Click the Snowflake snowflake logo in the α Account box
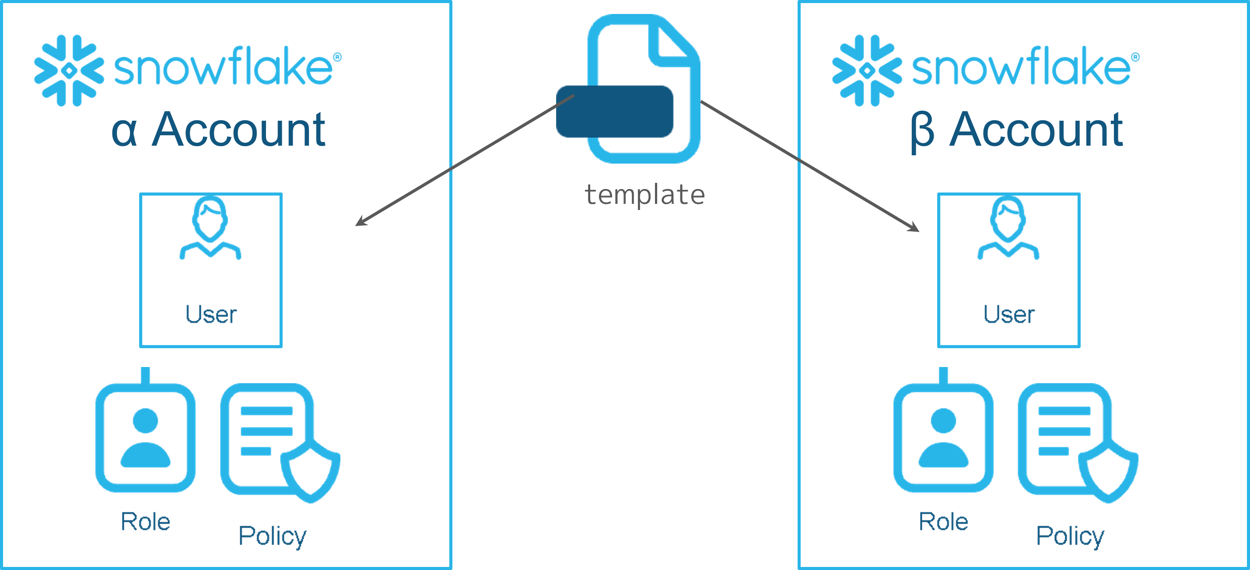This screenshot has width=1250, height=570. pos(69,70)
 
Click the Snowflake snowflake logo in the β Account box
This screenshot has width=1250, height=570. pos(867,70)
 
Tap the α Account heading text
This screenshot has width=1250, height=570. pos(218,129)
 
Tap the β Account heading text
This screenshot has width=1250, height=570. pos(1017,129)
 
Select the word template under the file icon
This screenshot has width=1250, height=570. pos(644,195)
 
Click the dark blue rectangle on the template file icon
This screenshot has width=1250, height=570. pos(615,112)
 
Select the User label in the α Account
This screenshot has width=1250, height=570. pos(210,315)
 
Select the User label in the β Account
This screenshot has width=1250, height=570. pos(1009,315)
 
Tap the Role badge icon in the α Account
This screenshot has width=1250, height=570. pos(145,437)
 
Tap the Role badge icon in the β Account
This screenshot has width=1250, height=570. pos(943,437)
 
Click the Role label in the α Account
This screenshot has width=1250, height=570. pos(145,522)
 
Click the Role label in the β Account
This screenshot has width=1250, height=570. pos(943,522)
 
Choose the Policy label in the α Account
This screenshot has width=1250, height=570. pos(272,536)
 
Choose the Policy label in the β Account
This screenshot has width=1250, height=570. pos(1070,536)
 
